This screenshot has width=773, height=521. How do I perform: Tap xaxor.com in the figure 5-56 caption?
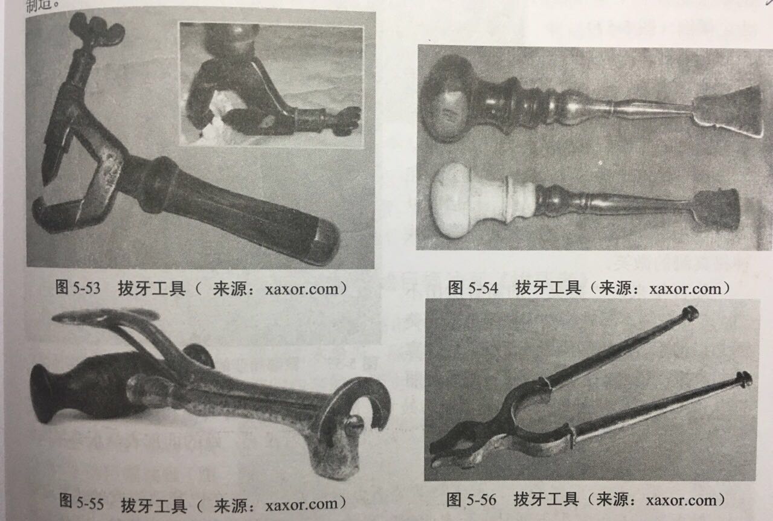pos(684,500)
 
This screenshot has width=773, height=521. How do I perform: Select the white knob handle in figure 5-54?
pos(454,199)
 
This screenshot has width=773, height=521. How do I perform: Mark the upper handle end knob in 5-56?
pos(690,313)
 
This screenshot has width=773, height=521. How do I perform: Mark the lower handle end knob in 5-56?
pos(744,379)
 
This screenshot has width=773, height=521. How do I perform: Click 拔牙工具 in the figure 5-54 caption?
pos(547,288)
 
